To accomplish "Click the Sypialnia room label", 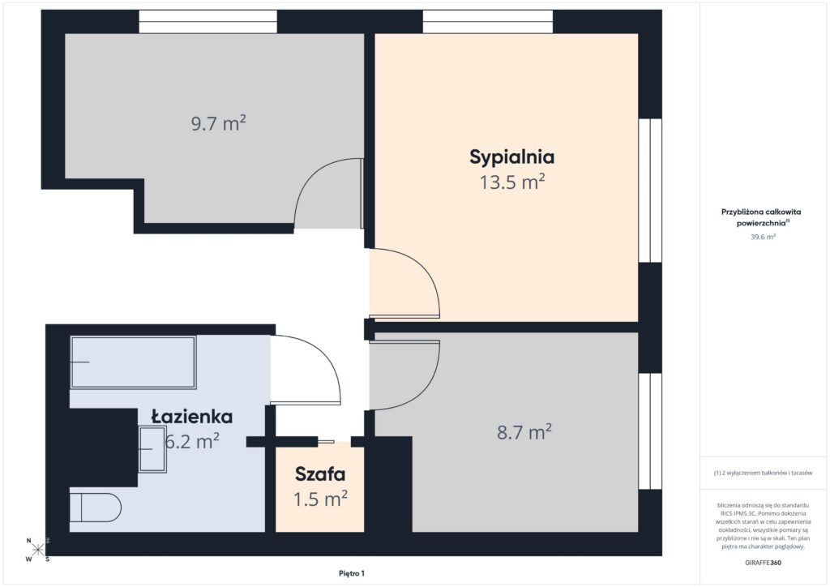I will (511, 156).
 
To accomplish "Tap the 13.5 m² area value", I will (511, 182).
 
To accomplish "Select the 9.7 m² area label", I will (218, 124).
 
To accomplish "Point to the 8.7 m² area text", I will (524, 432).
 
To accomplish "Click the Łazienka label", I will (192, 417).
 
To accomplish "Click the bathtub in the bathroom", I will (133, 362).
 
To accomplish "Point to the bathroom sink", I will (152, 448).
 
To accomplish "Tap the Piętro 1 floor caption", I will (351, 573).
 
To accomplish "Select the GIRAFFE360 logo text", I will (763, 562).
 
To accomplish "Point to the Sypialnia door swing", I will (404, 283).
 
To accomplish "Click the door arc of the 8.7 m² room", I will (404, 375).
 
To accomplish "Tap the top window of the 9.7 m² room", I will (207, 22).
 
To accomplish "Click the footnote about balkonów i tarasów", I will (763, 473).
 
